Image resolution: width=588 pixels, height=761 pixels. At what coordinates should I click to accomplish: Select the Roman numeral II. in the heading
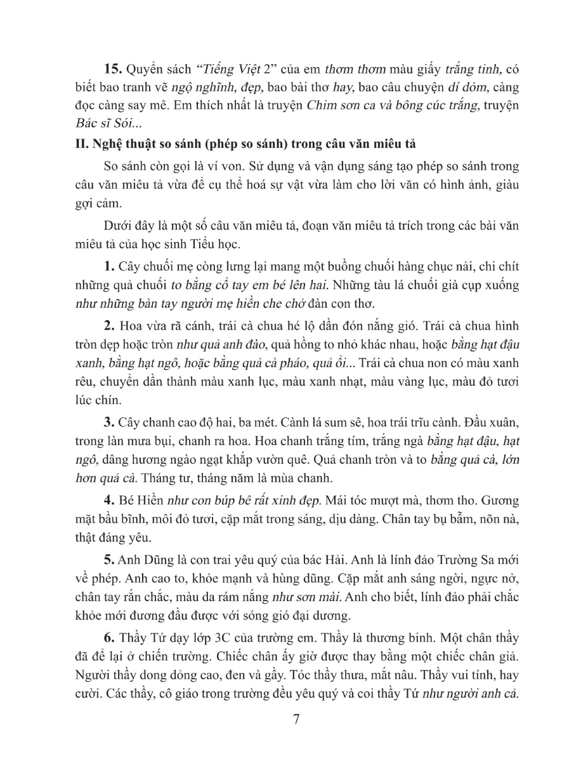point(81,144)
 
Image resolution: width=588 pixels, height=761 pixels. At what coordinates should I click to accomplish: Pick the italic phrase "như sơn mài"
point(300,578)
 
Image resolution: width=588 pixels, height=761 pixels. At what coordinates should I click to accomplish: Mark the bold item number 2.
point(108,325)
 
